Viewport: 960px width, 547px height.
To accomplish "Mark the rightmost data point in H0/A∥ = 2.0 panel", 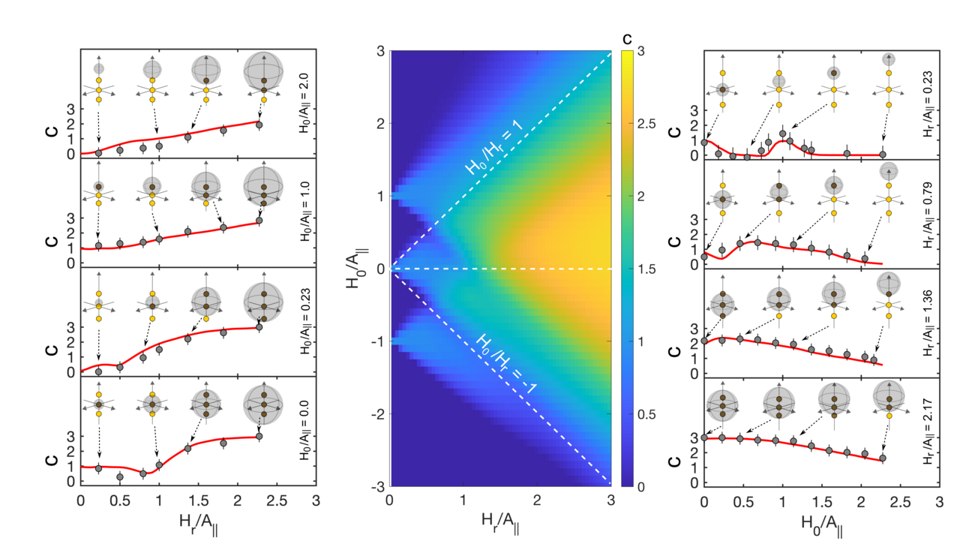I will (x=259, y=125).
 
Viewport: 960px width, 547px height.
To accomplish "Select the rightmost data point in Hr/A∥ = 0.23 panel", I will (x=882, y=155).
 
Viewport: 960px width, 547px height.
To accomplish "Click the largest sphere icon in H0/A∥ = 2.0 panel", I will (x=263, y=73).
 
